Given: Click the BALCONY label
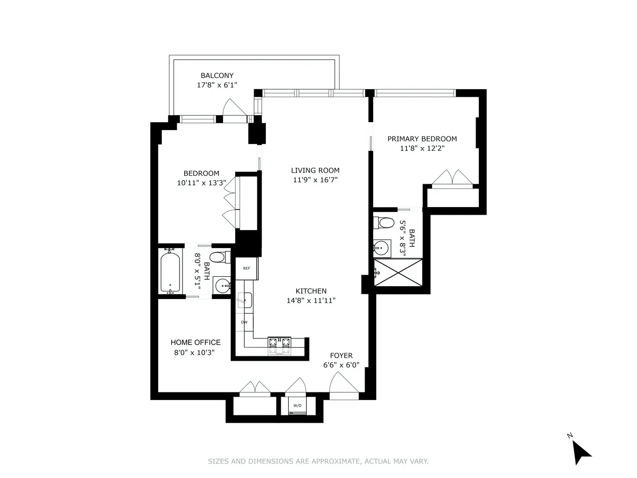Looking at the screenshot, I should (217, 75).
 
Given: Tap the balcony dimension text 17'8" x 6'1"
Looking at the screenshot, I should (217, 85).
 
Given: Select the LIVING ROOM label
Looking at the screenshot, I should (315, 170).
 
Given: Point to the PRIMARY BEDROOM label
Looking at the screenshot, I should (421, 139).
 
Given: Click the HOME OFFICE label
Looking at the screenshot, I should (195, 343).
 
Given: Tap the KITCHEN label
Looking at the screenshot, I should (311, 291).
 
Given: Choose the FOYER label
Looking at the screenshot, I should (341, 356).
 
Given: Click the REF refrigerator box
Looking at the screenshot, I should (247, 268).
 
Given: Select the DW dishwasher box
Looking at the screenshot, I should (245, 322).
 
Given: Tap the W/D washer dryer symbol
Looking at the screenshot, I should (297, 406).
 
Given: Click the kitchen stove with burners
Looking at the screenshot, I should (279, 345).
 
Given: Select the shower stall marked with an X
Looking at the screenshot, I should (398, 272).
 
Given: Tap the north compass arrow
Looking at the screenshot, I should (582, 453).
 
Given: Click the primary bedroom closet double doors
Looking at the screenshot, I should (451, 178).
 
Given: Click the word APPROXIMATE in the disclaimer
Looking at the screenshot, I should (327, 462).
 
